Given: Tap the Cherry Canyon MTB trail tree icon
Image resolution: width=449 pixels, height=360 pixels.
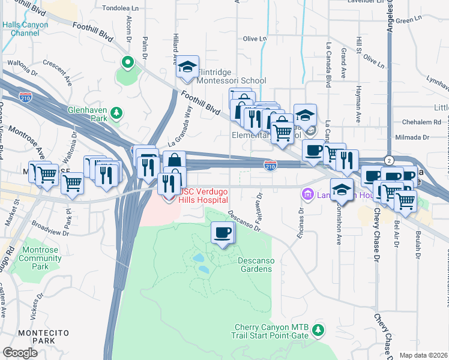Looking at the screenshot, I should pos(318,329).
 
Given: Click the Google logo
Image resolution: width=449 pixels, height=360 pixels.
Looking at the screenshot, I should pos(20,352).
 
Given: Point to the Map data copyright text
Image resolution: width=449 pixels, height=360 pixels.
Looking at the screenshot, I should pos(423,355).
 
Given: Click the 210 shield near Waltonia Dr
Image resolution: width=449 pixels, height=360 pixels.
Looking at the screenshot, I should pos(25,97).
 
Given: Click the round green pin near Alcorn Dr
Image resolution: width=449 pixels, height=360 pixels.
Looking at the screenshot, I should pos(127,62).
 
